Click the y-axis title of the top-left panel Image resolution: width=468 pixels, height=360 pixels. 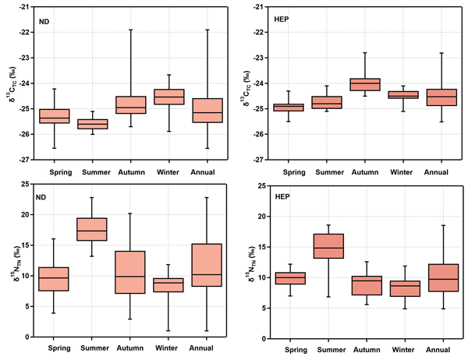coord(10,83)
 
